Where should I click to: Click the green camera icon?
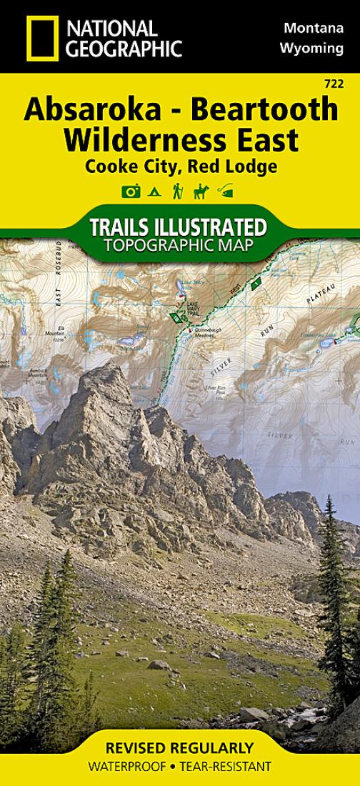[x=130, y=191]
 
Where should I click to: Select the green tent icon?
[x=154, y=191]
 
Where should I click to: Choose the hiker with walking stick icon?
[x=178, y=191]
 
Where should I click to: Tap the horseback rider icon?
[x=201, y=191]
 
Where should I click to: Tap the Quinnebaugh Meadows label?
[x=210, y=330]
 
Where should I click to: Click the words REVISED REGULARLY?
[x=179, y=748]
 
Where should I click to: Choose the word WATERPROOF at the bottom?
[x=126, y=767]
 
